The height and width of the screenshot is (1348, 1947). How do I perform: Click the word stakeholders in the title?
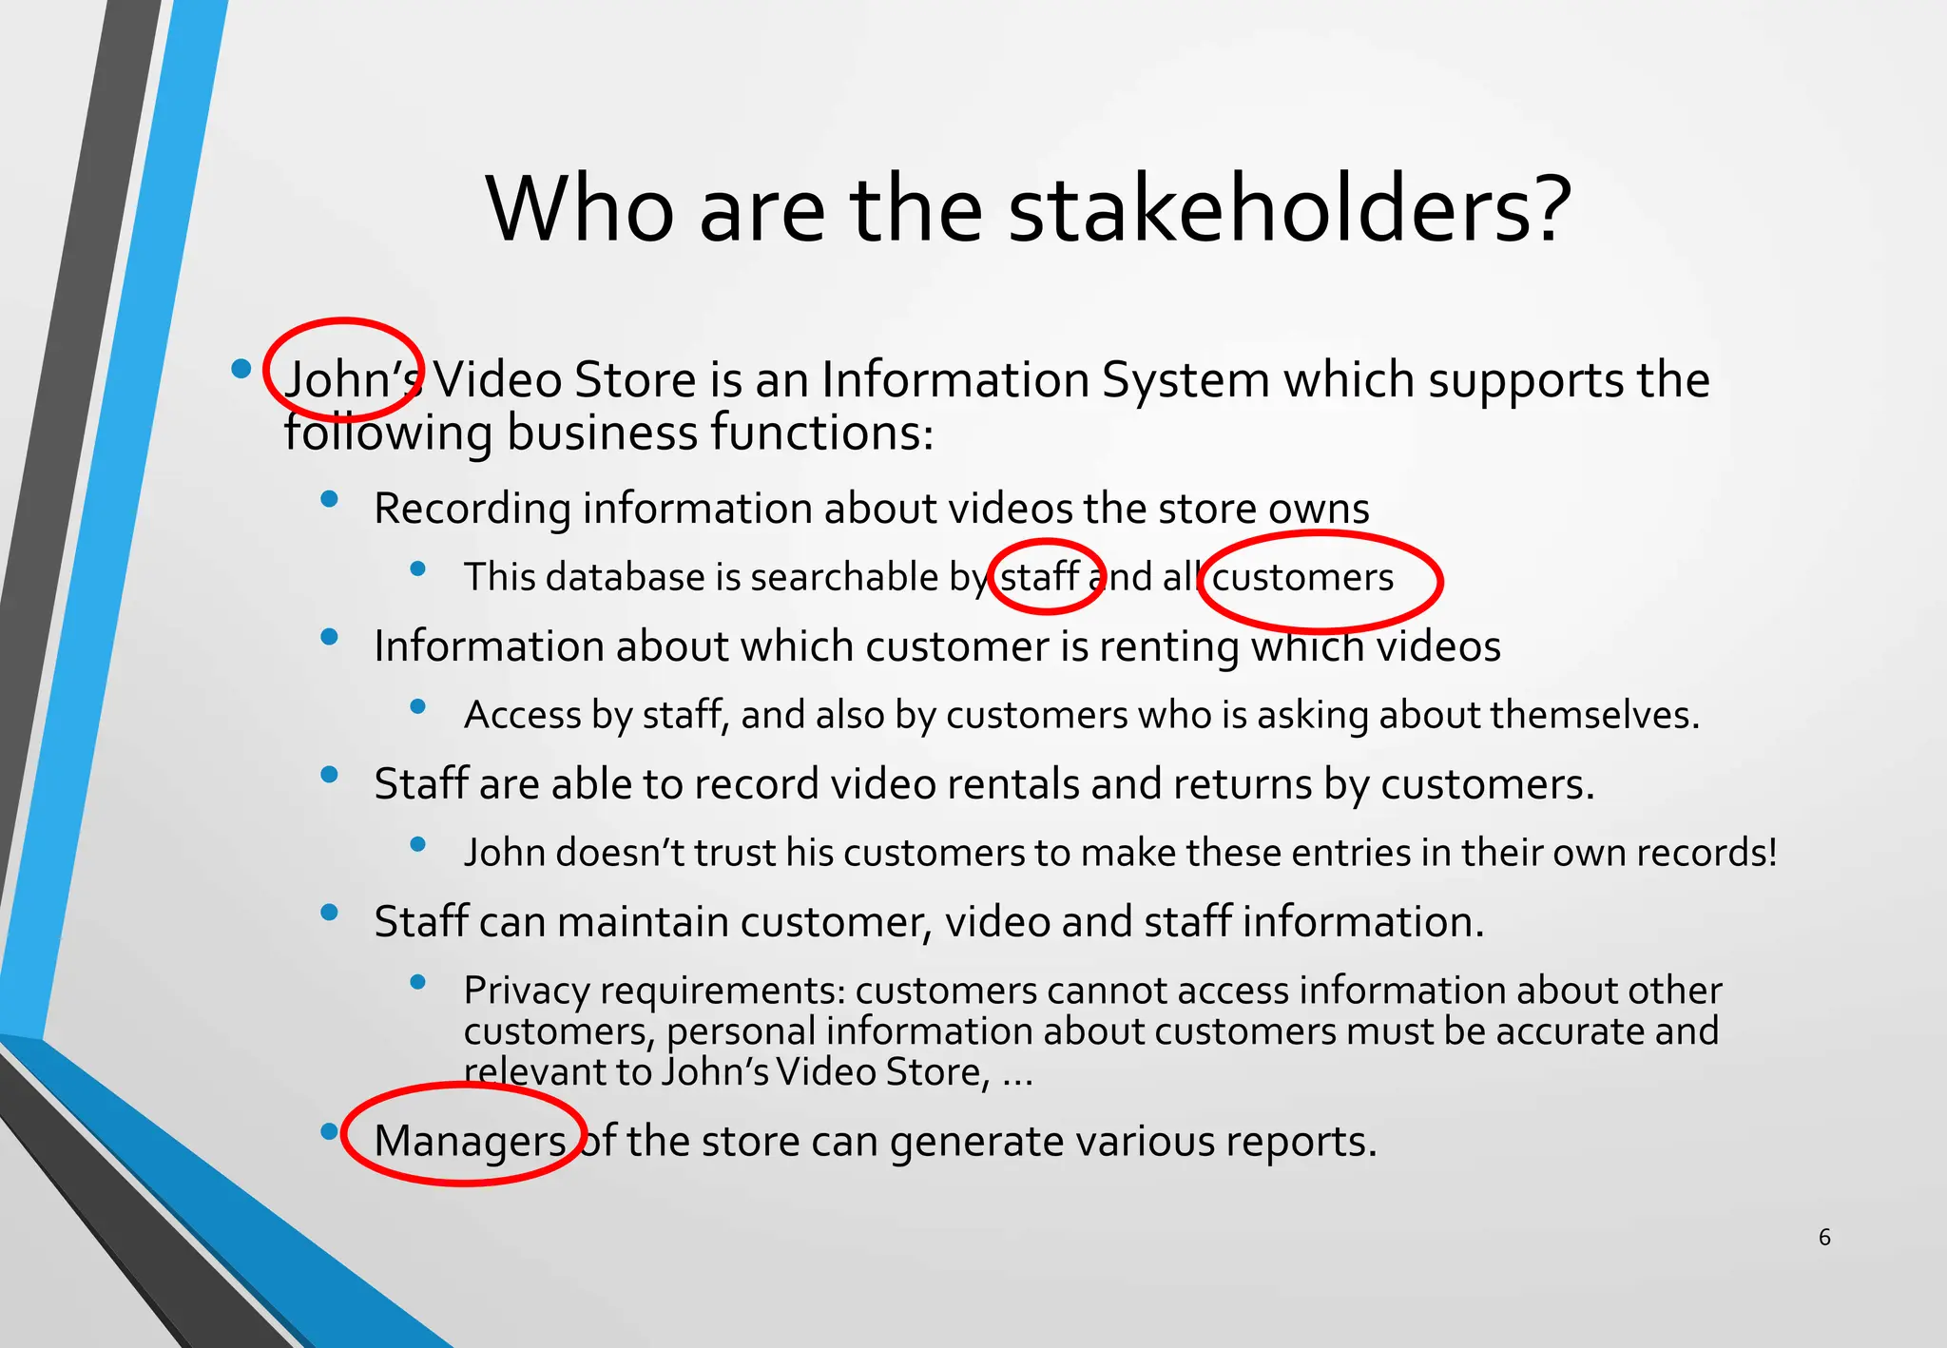1289,210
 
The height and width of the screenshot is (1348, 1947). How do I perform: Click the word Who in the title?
580,210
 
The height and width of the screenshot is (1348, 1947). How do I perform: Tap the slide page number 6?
1824,1237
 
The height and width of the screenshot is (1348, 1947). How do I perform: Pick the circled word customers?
1302,578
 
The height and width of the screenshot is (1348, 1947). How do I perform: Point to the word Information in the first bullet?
954,380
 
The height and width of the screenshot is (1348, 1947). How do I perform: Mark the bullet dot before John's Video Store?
241,368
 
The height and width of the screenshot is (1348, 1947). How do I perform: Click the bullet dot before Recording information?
330,499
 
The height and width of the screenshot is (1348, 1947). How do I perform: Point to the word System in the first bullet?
1185,380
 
